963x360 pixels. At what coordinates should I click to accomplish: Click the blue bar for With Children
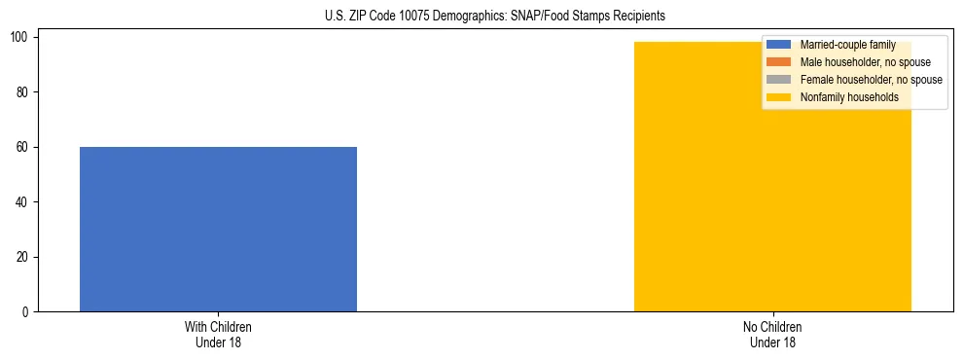pos(218,229)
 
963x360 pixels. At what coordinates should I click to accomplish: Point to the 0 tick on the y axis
pos(30,312)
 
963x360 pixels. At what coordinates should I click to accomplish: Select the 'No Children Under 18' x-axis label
pos(772,335)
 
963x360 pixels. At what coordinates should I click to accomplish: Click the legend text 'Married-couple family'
pos(847,45)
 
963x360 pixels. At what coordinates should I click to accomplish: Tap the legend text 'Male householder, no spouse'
pos(865,62)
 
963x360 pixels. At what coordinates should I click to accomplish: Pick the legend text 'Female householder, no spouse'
pos(871,80)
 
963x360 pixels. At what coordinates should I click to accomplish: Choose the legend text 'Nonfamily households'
pos(849,97)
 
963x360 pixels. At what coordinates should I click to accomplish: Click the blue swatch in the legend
pos(779,45)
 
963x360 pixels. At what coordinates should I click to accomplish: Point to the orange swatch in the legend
pos(779,62)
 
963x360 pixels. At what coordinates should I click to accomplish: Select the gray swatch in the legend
pos(779,80)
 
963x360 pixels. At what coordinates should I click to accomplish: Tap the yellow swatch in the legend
pos(779,97)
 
